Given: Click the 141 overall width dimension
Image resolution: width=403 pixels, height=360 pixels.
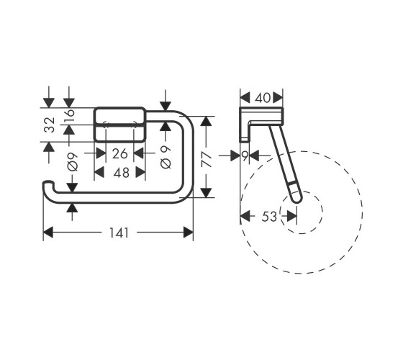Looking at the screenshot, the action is coord(119,233).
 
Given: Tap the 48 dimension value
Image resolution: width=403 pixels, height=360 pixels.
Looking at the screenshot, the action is coord(122,173).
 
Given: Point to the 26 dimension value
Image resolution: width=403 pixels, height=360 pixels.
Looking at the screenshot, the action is coord(119,154).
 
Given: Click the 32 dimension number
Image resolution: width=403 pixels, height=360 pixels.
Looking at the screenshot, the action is coord(50,125).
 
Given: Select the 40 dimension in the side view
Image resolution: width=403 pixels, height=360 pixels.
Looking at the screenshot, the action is coord(263,98).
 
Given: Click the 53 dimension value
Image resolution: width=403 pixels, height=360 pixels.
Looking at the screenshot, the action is coord(269,217).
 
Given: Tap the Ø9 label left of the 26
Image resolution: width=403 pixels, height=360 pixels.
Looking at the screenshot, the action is coord(72,162).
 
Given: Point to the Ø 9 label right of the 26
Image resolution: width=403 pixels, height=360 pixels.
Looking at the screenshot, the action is coord(166,157).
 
